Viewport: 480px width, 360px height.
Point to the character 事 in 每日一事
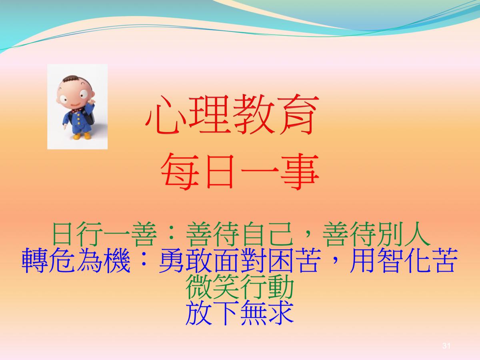(x=299, y=171)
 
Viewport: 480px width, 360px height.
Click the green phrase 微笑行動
(x=240, y=287)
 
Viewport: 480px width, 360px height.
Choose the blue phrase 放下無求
(x=240, y=312)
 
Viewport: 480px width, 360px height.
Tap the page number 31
(x=446, y=346)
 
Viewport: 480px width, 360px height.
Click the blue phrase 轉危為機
(x=76, y=260)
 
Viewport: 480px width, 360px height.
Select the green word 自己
(x=268, y=234)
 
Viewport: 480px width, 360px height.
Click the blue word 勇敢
(x=185, y=260)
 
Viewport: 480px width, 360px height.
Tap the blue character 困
(x=280, y=260)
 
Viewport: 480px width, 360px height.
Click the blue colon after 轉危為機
(x=144, y=260)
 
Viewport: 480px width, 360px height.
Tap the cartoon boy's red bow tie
(x=77, y=110)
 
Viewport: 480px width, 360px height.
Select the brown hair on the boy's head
(x=69, y=79)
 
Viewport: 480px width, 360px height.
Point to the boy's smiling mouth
(x=75, y=104)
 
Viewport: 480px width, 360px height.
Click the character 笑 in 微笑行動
(x=226, y=287)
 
